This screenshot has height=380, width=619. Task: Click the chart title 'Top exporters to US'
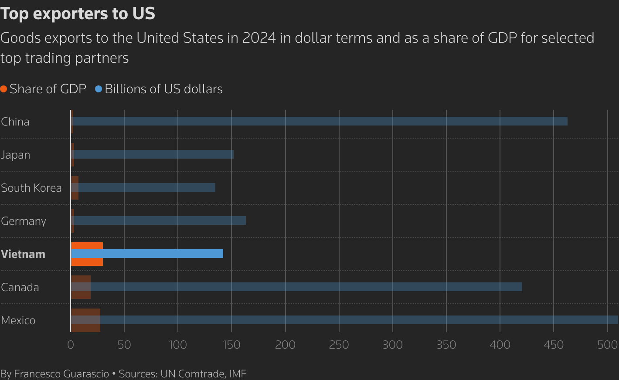pyautogui.click(x=78, y=14)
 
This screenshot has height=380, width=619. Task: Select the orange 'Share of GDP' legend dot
pyautogui.click(x=4, y=89)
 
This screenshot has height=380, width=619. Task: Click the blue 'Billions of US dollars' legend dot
pyautogui.click(x=99, y=89)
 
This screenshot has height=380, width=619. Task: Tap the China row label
pyautogui.click(x=15, y=122)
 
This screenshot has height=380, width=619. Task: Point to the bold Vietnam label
pyautogui.click(x=23, y=254)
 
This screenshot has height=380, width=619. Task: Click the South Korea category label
pyautogui.click(x=31, y=188)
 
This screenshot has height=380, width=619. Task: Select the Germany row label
pyautogui.click(x=24, y=221)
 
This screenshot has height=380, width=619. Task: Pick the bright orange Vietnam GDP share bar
pyautogui.click(x=87, y=246)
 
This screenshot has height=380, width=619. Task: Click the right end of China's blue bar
pyautogui.click(x=566, y=121)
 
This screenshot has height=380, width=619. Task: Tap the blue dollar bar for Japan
pyautogui.click(x=153, y=154)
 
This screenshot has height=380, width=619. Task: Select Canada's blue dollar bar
pyautogui.click(x=305, y=287)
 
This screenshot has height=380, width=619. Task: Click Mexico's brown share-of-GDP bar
pyautogui.click(x=85, y=327)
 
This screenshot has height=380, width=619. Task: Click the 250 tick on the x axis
pyautogui.click(x=339, y=345)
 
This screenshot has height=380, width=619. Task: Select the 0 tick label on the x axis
pyautogui.click(x=71, y=345)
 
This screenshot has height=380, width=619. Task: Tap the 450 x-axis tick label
pyautogui.click(x=554, y=345)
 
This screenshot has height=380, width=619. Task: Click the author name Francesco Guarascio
pyautogui.click(x=61, y=373)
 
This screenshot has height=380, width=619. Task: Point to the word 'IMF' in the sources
pyautogui.click(x=238, y=373)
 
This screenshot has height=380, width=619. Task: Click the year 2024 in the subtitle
pyautogui.click(x=259, y=38)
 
